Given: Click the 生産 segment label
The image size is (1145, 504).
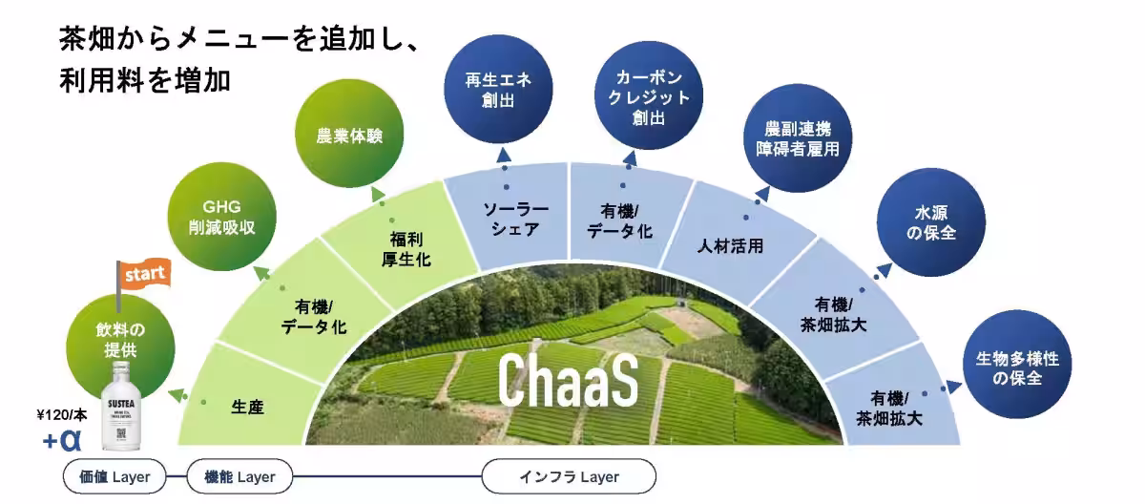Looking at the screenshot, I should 247,409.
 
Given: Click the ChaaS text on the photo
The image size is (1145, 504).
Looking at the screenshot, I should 567,379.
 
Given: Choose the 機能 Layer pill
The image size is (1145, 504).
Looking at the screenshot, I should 239,476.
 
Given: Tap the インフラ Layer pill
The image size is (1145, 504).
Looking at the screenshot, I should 569,476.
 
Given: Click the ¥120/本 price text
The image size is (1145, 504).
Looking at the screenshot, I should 62,415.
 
